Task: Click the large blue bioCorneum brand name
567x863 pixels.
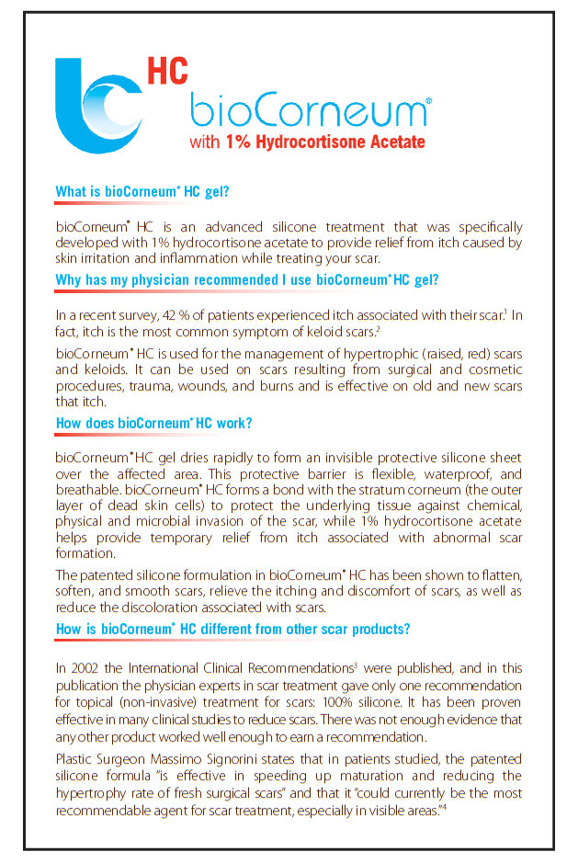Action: [308, 112]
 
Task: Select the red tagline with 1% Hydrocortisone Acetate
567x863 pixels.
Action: [307, 142]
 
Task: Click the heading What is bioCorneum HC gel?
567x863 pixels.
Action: [142, 192]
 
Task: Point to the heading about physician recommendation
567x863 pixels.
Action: [247, 279]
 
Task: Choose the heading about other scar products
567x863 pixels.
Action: [232, 629]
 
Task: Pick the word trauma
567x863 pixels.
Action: [152, 387]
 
